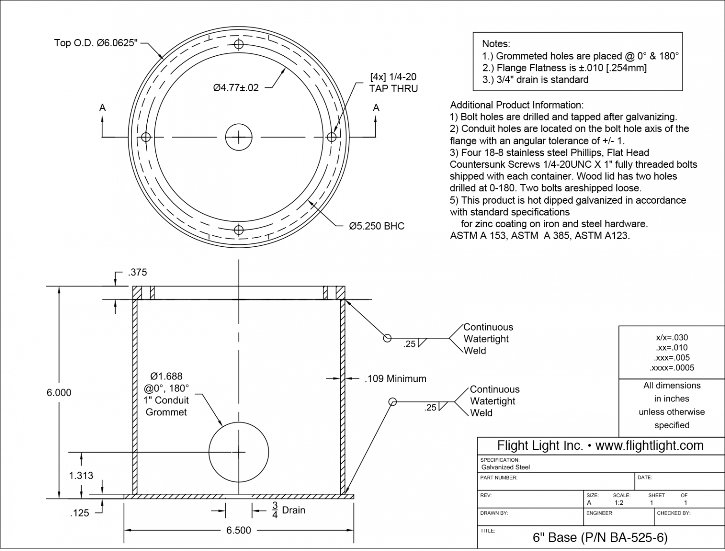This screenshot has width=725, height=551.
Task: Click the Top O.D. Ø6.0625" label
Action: point(96,43)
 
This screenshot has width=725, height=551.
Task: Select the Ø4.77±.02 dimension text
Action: point(236,88)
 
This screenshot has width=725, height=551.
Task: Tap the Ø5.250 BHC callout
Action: point(376,226)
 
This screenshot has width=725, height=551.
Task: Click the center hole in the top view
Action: point(239,137)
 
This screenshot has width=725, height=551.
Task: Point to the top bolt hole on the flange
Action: point(239,44)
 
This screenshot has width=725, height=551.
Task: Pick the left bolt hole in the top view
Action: point(146,137)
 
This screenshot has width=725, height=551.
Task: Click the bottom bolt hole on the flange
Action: point(239,230)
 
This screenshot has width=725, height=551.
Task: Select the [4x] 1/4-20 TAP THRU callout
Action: point(393,83)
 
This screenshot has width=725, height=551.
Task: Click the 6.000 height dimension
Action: point(59,393)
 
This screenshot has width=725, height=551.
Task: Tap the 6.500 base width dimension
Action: point(238,530)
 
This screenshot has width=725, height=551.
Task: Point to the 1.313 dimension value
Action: point(81,475)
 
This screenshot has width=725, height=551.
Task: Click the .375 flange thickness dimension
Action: point(137,273)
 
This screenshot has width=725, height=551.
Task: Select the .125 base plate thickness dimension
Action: point(79,513)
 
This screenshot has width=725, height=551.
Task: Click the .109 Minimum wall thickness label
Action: point(395,379)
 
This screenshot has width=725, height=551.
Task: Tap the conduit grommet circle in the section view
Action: point(239,452)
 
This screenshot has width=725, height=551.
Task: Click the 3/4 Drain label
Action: point(288,510)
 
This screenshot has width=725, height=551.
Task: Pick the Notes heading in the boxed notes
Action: point(496,44)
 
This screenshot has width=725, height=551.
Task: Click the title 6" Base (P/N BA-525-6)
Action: point(600,538)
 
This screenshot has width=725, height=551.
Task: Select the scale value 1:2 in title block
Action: point(619,503)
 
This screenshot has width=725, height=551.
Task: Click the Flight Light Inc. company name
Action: point(540,446)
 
